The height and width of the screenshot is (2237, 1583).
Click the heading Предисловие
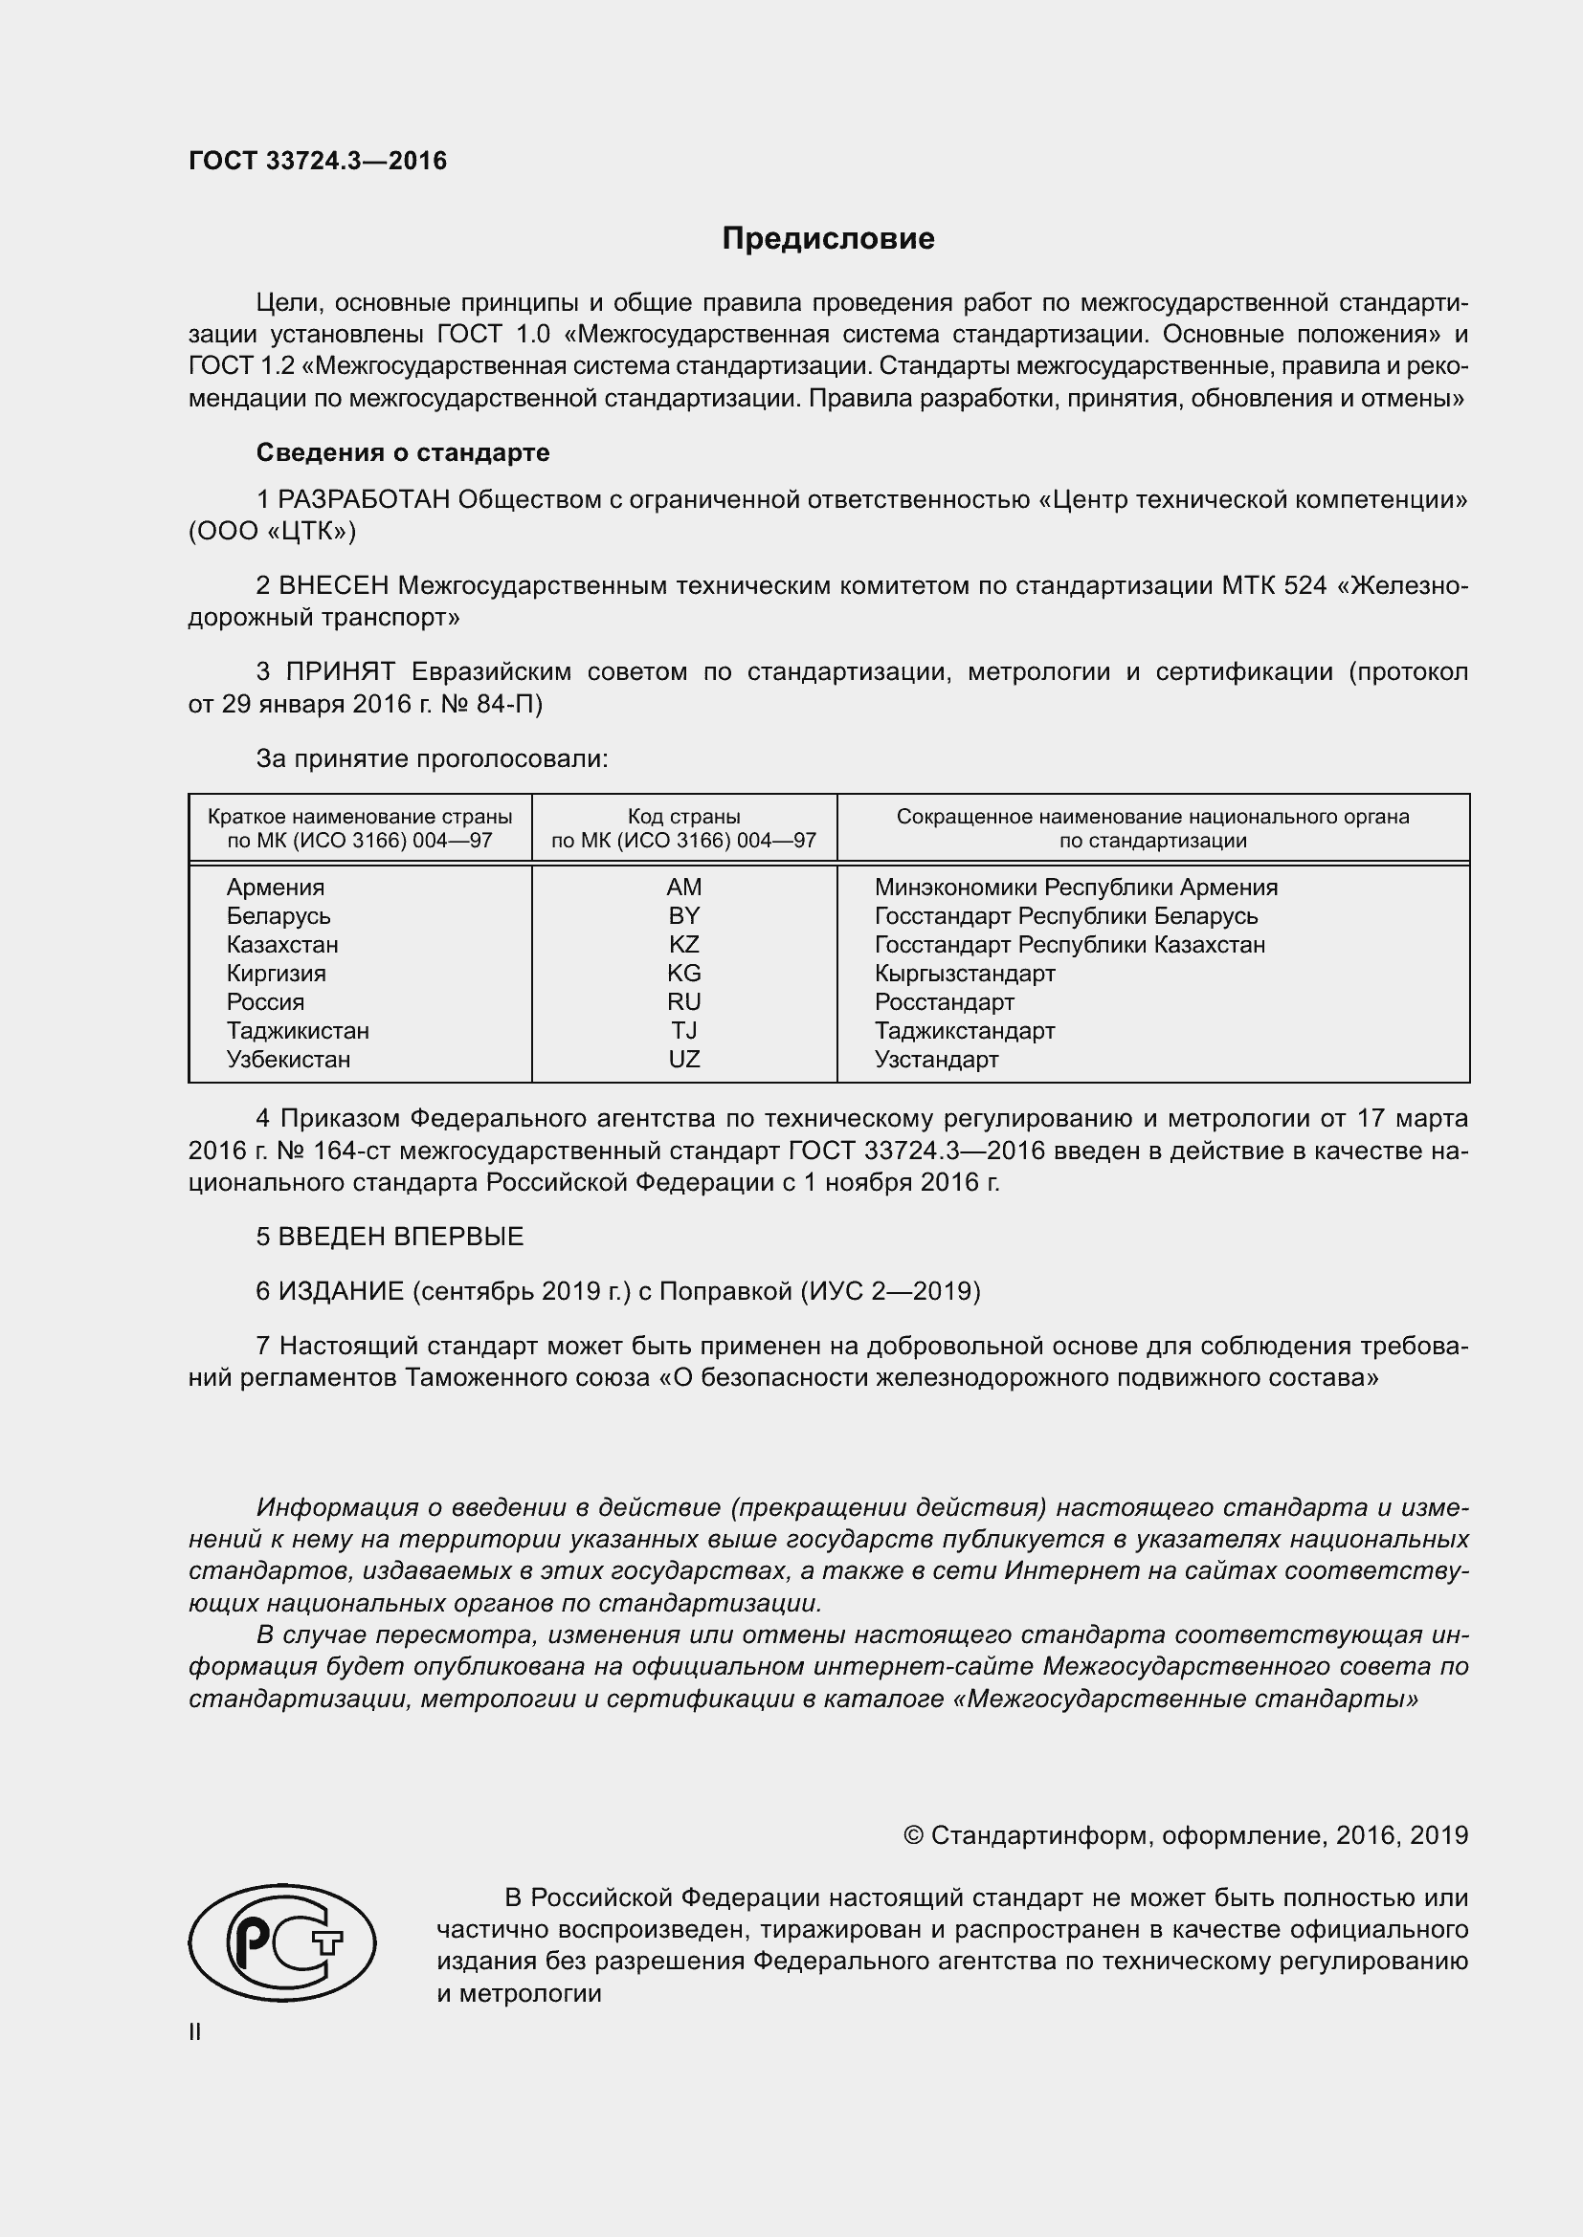(828, 239)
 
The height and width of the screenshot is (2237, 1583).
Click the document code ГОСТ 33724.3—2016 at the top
(318, 161)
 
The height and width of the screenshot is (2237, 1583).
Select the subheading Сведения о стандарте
(403, 452)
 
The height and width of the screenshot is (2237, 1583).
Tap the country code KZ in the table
(683, 944)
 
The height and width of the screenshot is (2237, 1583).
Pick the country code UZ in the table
(683, 1059)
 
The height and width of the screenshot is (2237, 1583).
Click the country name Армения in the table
(275, 887)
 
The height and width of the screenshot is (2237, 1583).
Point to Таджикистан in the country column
(298, 1030)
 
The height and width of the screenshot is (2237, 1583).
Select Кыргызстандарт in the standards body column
(964, 973)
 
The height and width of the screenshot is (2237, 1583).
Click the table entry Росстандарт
(944, 1001)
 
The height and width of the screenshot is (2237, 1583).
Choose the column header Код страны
(683, 817)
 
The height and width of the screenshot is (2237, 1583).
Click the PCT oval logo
(281, 1941)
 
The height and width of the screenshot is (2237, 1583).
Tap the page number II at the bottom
(195, 2031)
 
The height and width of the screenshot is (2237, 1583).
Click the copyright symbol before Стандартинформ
(913, 1835)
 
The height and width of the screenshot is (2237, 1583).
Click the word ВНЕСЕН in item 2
(334, 585)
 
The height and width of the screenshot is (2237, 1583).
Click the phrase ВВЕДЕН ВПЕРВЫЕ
(401, 1237)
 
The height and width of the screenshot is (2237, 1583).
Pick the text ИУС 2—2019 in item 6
(890, 1291)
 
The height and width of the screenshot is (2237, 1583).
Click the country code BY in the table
(683, 916)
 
